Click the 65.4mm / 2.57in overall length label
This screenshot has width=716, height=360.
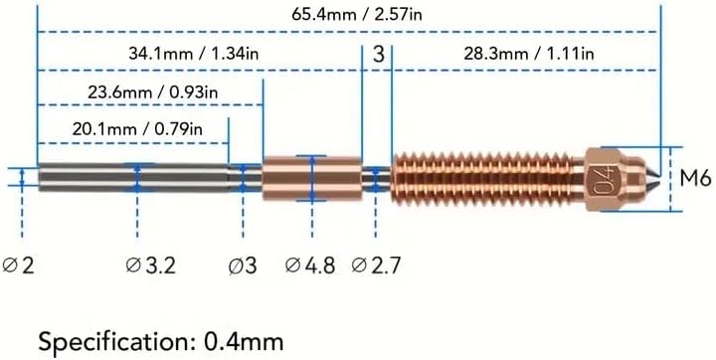click(x=357, y=14)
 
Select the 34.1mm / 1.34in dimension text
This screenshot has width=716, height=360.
click(x=194, y=54)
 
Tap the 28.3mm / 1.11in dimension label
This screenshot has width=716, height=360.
click(x=529, y=54)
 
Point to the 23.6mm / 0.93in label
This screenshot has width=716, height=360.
click(x=153, y=92)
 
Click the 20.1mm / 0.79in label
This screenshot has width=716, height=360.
click(x=137, y=129)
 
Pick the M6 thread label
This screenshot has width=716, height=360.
click(x=695, y=179)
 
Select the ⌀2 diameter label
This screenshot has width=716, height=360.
click(x=19, y=265)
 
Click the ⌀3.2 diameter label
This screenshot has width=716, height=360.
click(x=151, y=265)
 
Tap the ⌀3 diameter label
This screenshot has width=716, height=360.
click(x=243, y=265)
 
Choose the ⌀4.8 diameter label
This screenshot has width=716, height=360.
click(x=310, y=265)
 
